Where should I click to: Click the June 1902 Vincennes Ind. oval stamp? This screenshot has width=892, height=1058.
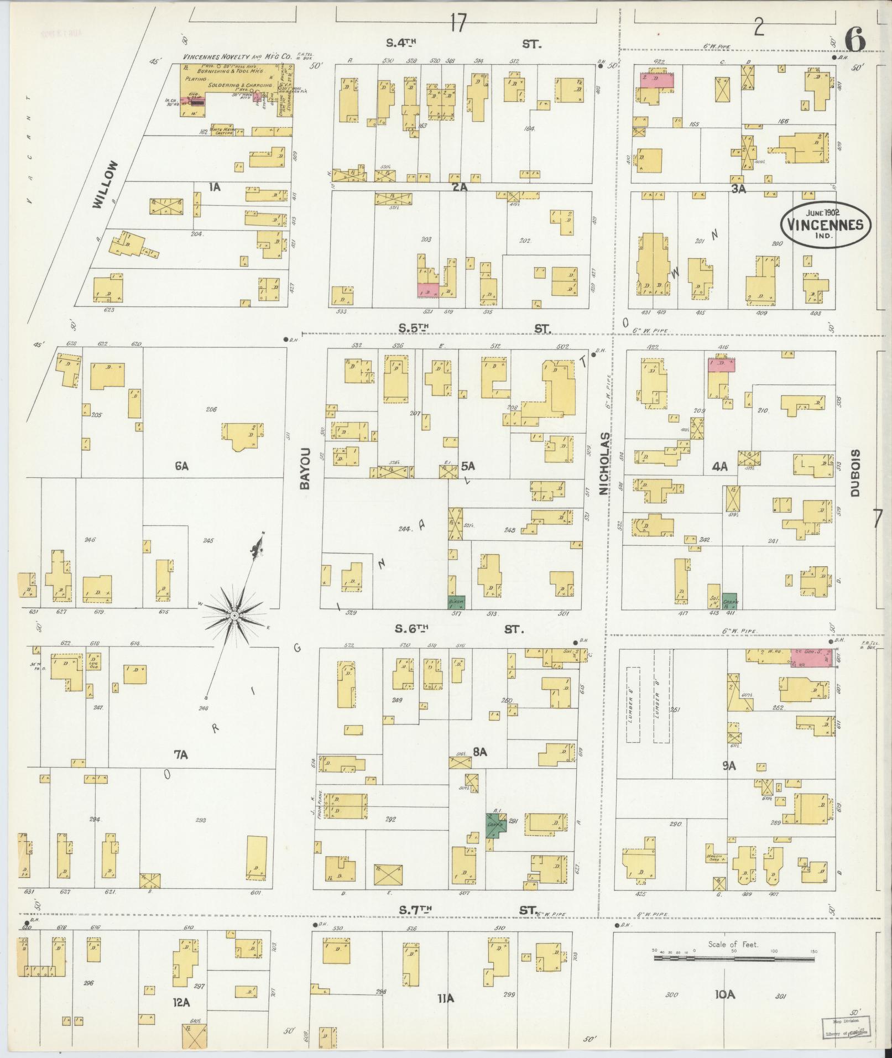coord(826,224)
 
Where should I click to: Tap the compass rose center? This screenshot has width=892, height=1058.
coord(234,615)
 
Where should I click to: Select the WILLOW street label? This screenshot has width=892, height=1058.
coord(106,184)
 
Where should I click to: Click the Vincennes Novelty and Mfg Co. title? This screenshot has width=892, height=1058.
coord(238,57)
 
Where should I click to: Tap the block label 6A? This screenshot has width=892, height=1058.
coord(182,466)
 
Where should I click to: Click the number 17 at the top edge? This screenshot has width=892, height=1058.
coord(458,23)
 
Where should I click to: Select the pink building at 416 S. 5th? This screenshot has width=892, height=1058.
coord(722,365)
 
